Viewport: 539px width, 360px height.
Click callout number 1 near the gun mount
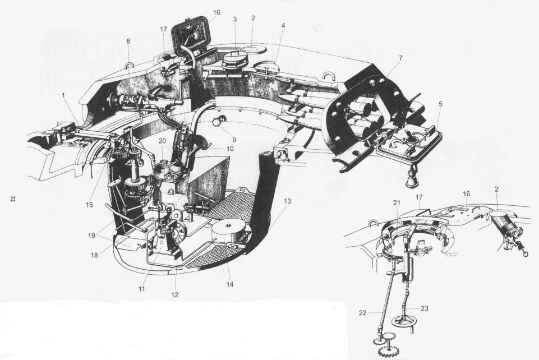tap(63, 95)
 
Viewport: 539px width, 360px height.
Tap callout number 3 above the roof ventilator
tap(235, 19)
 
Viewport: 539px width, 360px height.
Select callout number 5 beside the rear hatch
tap(440, 104)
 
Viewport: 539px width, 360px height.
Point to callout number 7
tap(400, 58)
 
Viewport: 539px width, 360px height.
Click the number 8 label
tap(128, 41)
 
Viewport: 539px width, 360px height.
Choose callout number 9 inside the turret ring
tap(234, 140)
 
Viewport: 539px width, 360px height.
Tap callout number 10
tap(229, 149)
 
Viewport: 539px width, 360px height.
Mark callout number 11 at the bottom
tap(142, 289)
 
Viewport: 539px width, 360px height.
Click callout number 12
tap(174, 295)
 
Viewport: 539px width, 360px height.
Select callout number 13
tap(287, 201)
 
